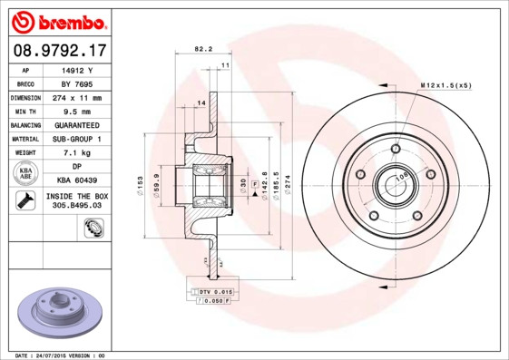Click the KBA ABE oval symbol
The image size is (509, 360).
[26, 173]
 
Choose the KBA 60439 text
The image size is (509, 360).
[78, 180]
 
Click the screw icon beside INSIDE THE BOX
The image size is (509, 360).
[25, 201]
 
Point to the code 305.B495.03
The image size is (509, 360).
[78, 207]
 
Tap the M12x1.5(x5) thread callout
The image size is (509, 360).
[446, 85]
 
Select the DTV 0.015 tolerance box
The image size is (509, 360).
[214, 292]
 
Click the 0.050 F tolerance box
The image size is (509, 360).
[214, 301]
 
